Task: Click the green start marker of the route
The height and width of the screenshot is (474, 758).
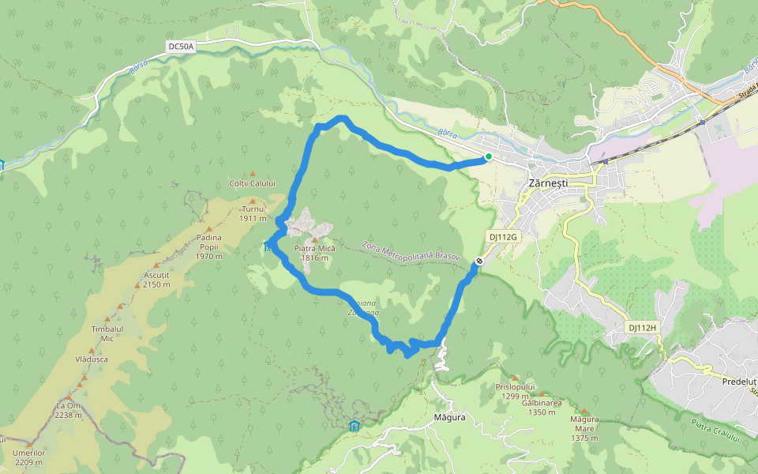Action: [489, 156]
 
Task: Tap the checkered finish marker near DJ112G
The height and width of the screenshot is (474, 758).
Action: [479, 261]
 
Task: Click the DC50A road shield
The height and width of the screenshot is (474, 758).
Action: [181, 47]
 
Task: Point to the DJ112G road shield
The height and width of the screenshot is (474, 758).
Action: [502, 236]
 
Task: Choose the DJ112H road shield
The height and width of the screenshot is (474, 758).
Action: [643, 327]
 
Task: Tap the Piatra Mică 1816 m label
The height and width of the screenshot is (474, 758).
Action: [314, 253]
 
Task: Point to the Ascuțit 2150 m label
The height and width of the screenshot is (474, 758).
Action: [156, 280]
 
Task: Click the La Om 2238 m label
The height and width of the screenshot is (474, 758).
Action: [69, 410]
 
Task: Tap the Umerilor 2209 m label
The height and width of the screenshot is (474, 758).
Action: [29, 457]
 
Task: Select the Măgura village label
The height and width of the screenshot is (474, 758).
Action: [449, 416]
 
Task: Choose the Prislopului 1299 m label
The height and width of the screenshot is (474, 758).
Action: [515, 391]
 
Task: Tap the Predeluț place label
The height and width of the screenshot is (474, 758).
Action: [739, 381]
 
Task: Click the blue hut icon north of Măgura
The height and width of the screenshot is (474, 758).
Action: [354, 427]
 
